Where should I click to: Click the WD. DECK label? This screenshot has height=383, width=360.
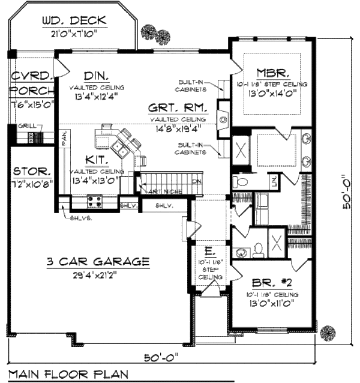[74, 22]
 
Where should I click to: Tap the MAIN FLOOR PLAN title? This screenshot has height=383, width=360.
[68, 374]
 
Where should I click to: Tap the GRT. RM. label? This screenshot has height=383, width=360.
[179, 109]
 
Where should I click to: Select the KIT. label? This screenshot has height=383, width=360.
[96, 160]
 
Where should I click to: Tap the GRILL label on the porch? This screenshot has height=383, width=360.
[26, 126]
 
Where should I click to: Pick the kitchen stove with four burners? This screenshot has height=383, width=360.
[95, 201]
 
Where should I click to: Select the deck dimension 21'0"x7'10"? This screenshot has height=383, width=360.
[74, 35]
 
